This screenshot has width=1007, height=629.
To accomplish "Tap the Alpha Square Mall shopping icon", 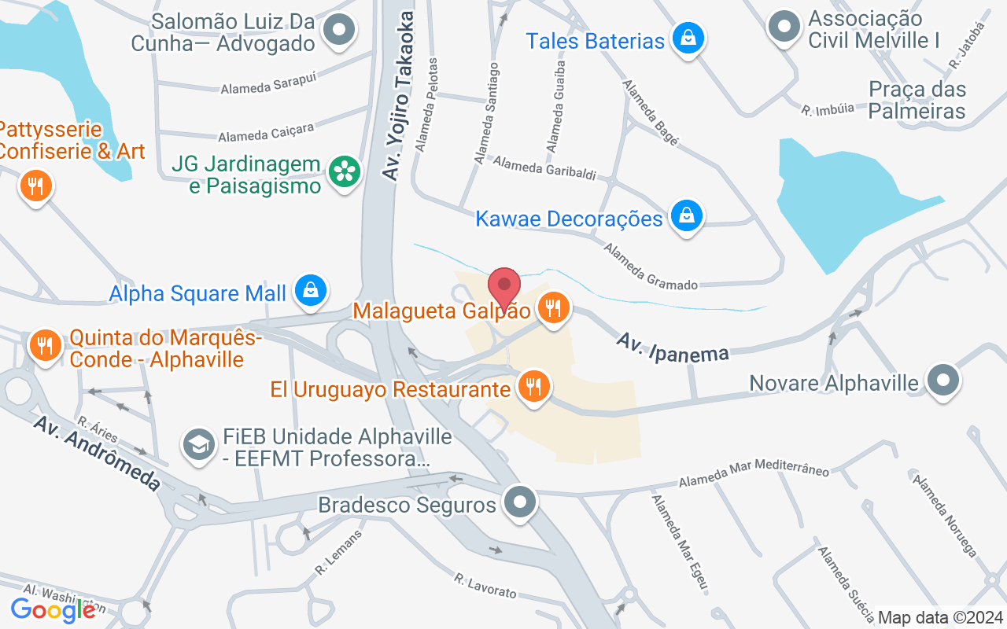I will tap(312, 291).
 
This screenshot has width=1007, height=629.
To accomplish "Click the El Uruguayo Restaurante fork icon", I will tap(534, 386).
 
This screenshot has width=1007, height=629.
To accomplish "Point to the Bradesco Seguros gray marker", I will tap(519, 502).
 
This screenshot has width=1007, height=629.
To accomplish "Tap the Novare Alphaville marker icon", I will tap(943, 381).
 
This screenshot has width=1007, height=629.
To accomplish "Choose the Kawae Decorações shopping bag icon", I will tap(687, 215).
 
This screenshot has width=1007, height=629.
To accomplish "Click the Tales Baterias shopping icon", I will tap(688, 38).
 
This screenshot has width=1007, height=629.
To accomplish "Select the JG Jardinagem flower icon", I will tap(344, 172).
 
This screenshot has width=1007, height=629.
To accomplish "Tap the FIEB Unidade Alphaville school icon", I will tap(200, 445).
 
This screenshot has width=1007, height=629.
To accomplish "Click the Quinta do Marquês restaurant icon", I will tap(46, 345).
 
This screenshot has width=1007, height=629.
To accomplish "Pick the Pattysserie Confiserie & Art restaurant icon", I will tap(35, 186).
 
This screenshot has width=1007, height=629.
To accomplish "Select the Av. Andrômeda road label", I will tap(97, 453).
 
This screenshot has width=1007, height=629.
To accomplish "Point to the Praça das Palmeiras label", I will tap(917, 100).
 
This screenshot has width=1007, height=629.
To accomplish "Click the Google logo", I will tap(53, 609).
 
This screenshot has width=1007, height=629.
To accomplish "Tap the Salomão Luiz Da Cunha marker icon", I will tap(340, 31).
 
